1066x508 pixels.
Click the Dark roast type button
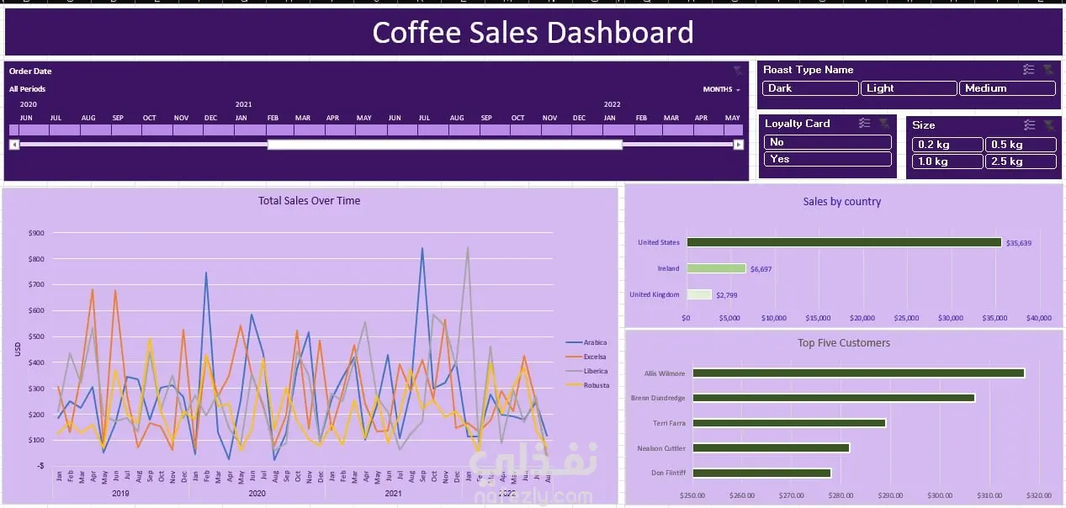pos(810,88)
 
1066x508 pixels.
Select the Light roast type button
pos(908,88)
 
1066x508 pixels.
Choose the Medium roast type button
pos(1006,88)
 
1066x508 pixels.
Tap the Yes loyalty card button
pos(827,159)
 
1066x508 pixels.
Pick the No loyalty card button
pos(827,142)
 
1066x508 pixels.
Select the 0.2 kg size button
pos(947,145)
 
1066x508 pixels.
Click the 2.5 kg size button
pos(1020,161)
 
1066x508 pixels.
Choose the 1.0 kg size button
pos(947,161)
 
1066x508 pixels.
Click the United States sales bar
pos(844,242)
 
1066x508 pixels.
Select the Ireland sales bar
pos(716,268)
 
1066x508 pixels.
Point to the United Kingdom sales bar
pos(698,294)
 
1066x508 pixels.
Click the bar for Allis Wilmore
pos(858,373)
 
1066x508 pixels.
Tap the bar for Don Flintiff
pos(761,473)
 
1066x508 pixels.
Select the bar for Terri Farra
pos(789,423)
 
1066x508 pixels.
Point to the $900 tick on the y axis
pos(36,233)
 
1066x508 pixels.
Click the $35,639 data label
pos(1019,243)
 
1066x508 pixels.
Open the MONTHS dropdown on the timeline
pos(721,89)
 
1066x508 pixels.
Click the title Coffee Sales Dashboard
pos(533,33)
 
